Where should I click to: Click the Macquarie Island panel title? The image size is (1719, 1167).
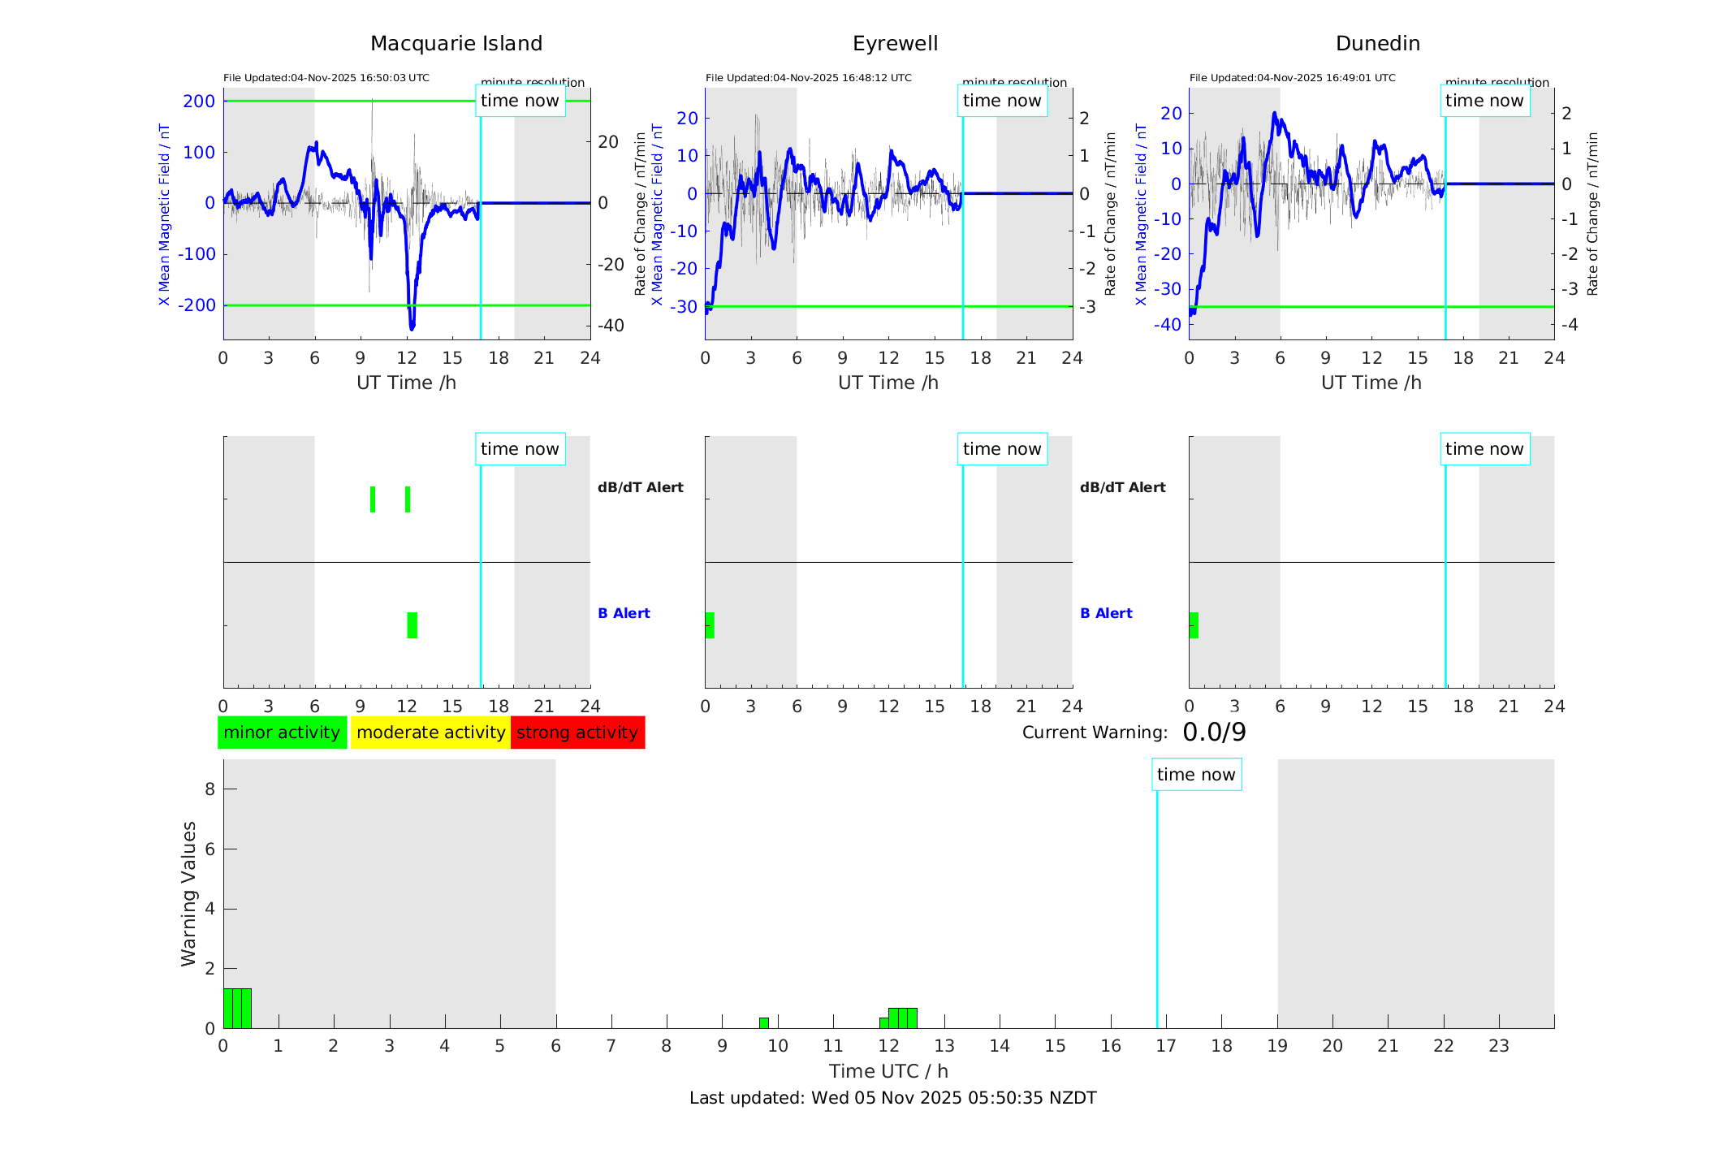click(x=456, y=44)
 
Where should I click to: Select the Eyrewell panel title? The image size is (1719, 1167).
click(x=895, y=44)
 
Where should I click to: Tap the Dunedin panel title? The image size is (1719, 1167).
click(x=1377, y=44)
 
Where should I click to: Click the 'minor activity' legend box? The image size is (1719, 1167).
click(x=282, y=733)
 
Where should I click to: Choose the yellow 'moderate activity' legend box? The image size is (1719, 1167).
click(x=430, y=733)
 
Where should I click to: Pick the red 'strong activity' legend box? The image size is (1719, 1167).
click(x=577, y=733)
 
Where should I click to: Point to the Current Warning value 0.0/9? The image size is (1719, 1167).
click(x=1214, y=733)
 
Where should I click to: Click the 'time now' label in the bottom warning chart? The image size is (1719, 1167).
click(x=1195, y=775)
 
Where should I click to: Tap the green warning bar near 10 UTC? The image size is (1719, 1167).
click(x=764, y=1022)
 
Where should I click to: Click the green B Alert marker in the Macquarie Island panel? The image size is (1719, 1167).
click(x=412, y=625)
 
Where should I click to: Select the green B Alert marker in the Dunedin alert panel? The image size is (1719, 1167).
click(x=1194, y=625)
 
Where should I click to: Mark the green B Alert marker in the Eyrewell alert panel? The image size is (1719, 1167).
click(x=710, y=625)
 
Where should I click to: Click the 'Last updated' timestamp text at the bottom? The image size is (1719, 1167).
click(x=892, y=1098)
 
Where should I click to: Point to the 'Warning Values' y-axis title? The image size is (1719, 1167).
click(x=188, y=893)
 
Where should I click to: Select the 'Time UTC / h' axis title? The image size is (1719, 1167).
click(x=888, y=1071)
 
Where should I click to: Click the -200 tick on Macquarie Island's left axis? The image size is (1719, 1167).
click(x=198, y=305)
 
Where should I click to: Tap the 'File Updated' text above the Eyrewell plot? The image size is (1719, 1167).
click(x=808, y=78)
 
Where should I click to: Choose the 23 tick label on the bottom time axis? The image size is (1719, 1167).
click(x=1498, y=1046)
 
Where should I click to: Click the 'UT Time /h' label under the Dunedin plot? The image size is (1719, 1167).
click(x=1371, y=383)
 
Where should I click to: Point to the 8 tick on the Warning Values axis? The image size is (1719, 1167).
click(x=209, y=789)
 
